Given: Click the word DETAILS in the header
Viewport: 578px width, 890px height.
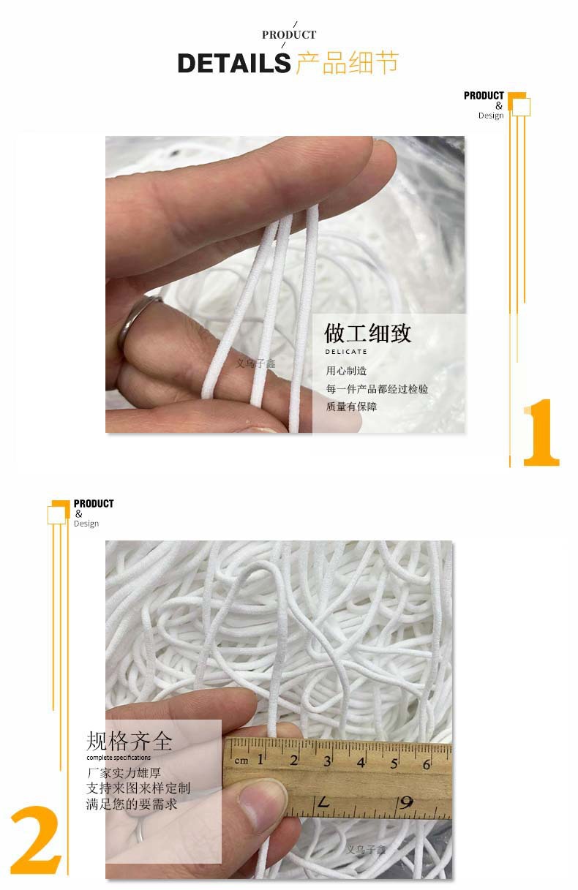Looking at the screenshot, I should coord(233,64).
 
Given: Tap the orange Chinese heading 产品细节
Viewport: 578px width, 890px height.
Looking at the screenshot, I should coord(347,63).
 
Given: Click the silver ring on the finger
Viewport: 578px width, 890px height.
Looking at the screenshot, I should coord(139,323).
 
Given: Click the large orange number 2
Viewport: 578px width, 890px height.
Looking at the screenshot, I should coord(34,840).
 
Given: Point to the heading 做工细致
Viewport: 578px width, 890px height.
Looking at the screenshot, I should coord(368,333).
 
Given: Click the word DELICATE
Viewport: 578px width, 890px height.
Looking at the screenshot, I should coord(346,352).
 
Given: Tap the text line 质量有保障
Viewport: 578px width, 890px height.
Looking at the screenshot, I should coord(351,407).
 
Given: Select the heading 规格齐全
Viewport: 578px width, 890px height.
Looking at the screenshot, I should coord(130,742).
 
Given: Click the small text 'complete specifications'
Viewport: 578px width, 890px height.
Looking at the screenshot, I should coord(119,758).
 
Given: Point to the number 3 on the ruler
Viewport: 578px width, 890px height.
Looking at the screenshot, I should coord(328,761).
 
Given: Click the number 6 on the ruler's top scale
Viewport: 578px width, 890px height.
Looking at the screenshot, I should coord(427,764).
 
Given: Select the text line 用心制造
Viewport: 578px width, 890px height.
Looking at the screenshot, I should coord(346,372).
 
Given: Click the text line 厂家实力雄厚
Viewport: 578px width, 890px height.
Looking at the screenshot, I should coord(124,773).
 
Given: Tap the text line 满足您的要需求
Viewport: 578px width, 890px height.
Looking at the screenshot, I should coord(132,804).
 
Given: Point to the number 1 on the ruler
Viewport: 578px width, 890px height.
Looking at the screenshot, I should coord(260,759).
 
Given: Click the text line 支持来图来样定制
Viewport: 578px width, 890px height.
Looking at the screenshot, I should coord(138,788).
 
